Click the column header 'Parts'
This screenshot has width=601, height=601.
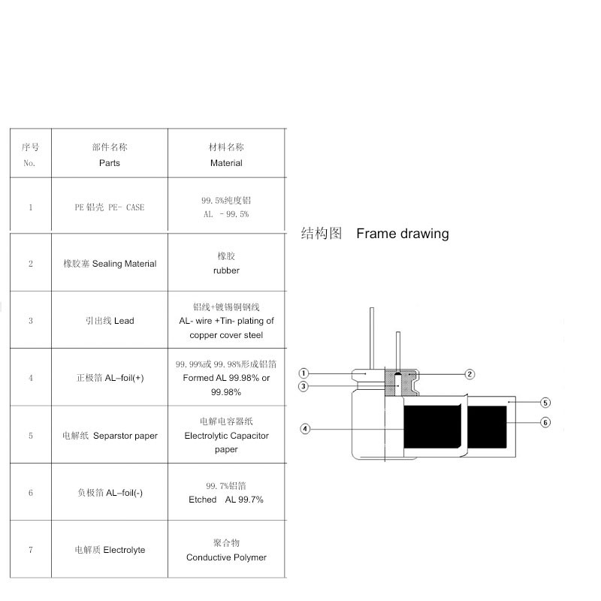pos(109,162)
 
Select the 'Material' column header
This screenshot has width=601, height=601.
pos(226,162)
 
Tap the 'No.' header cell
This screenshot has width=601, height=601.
pos(30,162)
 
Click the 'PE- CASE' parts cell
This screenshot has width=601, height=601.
pos(109,207)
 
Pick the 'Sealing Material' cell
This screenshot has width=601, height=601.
pos(110,264)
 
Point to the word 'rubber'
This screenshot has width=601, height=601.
pos(226,270)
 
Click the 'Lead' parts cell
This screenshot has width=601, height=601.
pos(110,321)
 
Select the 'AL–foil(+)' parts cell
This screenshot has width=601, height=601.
pos(110,378)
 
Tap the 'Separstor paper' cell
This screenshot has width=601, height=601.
pos(110,436)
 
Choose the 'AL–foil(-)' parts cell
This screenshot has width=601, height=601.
pos(110,493)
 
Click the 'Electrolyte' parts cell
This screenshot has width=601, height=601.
pos(110,550)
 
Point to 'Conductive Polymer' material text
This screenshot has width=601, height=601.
pos(226,557)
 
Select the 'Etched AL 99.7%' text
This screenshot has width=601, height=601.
pos(226,500)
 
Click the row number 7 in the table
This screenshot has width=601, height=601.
pos(30,550)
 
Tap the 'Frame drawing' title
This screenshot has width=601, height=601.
pos(402,234)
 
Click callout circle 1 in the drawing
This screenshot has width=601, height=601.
pos(304,373)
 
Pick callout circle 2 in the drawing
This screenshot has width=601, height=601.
pos(470,373)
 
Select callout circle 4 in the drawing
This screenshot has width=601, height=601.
pos(305,429)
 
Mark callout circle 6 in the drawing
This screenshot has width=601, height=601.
pos(545,422)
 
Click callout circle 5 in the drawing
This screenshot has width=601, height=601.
pos(545,403)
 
